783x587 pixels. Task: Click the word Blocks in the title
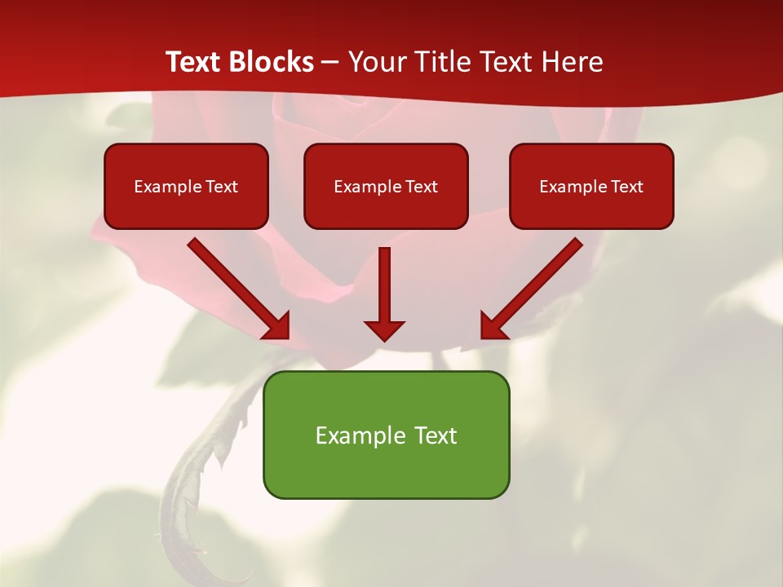click(272, 62)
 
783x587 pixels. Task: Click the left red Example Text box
click(186, 186)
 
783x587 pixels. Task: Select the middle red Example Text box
click(386, 186)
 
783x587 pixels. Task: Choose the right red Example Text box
click(591, 186)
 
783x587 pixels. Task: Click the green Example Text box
click(386, 435)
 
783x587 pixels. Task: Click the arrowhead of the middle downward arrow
click(384, 329)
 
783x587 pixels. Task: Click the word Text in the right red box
click(626, 187)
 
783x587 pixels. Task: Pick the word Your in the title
click(376, 62)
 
